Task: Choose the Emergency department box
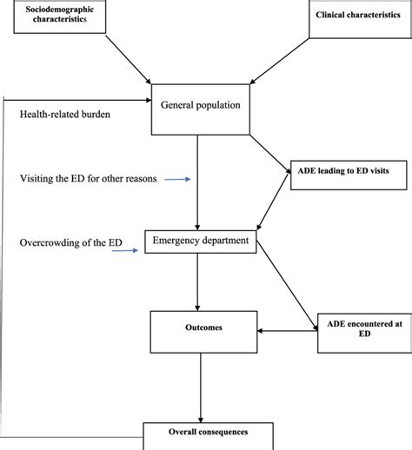coord(201,241)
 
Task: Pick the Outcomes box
coord(201,328)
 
